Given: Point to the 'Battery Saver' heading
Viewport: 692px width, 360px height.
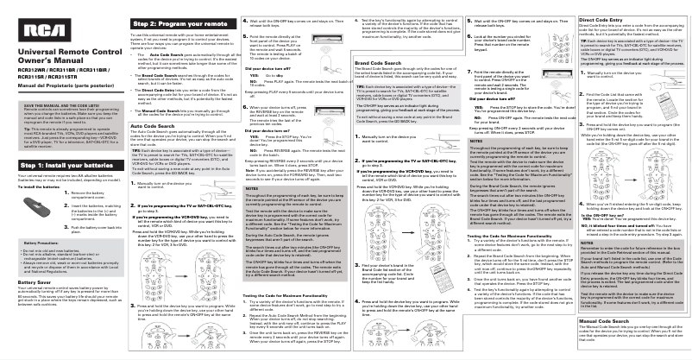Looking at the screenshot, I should pos(27,280).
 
